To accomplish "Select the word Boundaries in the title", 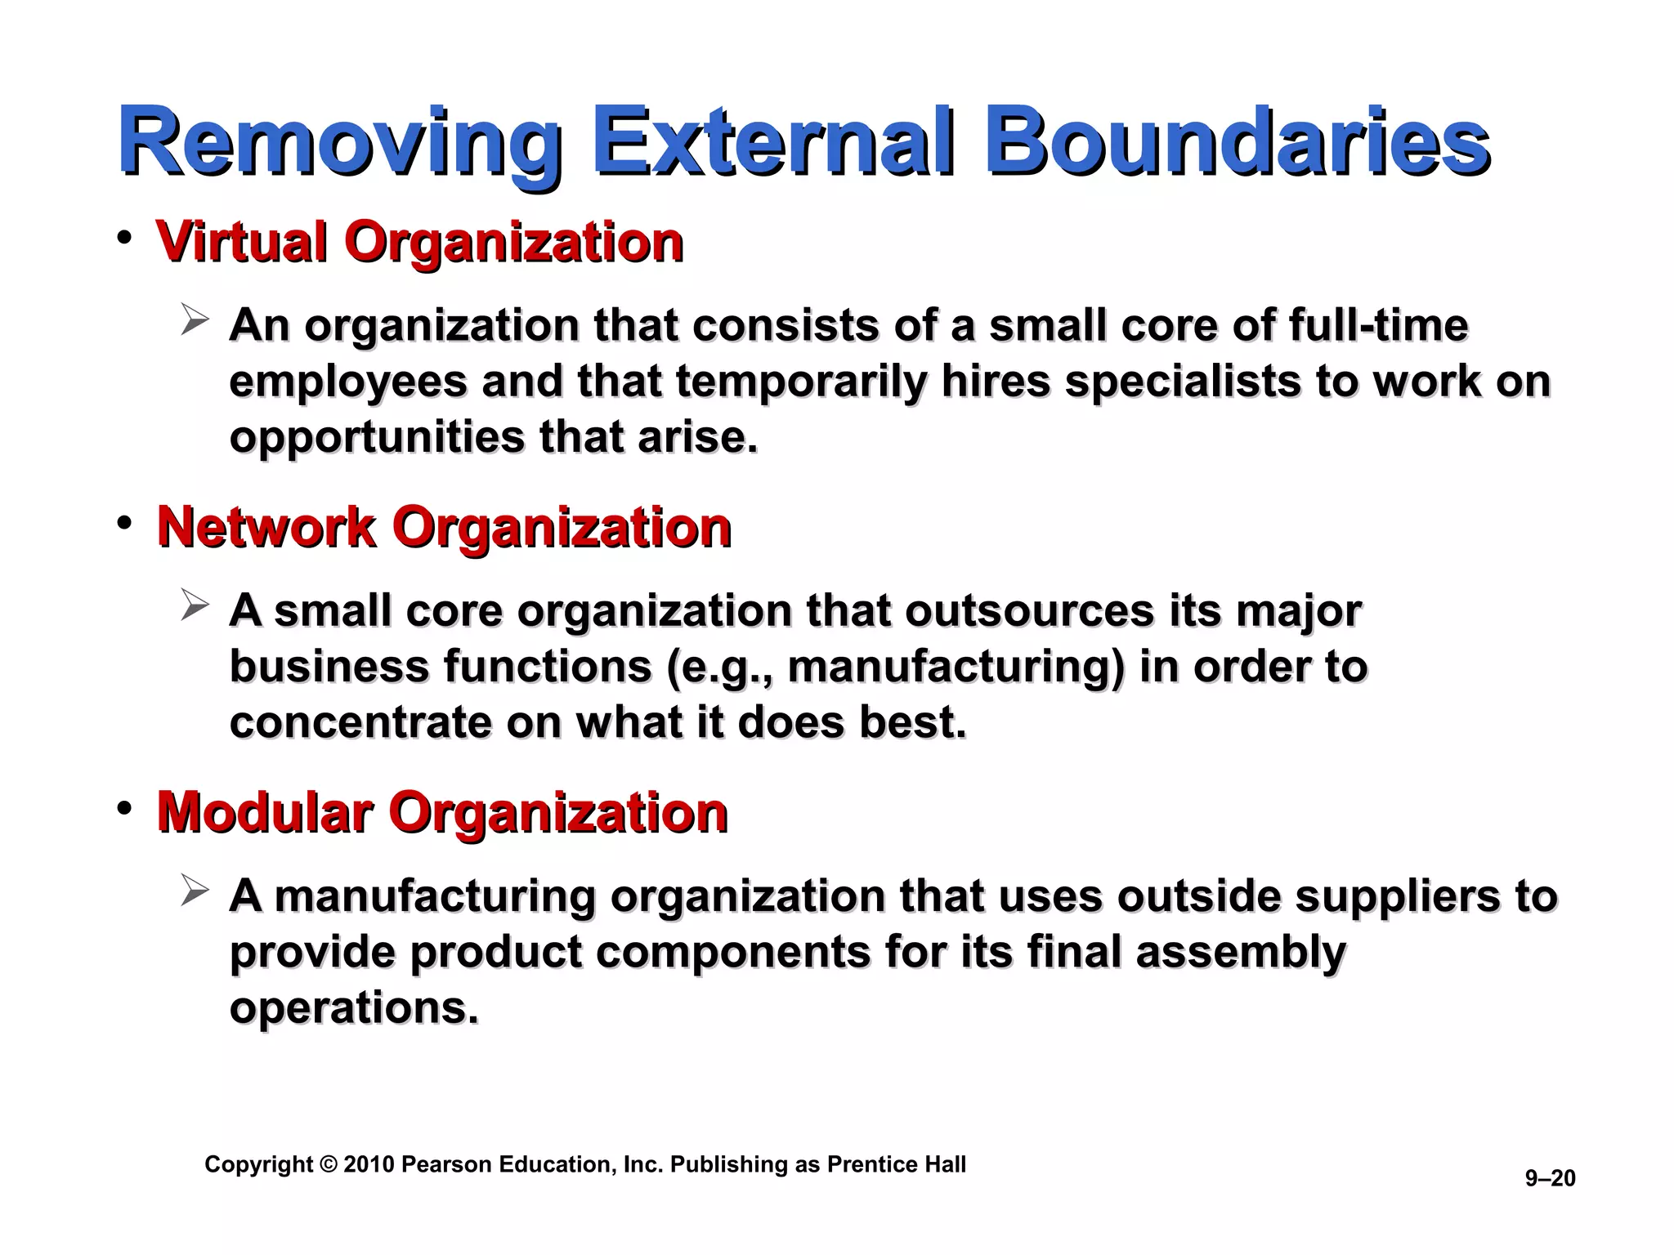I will point(1238,143).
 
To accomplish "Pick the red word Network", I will point(266,527).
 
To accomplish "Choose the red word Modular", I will point(265,813).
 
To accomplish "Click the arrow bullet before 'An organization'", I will point(195,320).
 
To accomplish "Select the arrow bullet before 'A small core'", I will point(195,606).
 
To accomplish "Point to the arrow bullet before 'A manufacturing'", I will point(195,891).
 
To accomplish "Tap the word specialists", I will point(1183,382).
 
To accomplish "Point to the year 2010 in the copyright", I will point(369,1164).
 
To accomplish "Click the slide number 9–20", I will point(1550,1178).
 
